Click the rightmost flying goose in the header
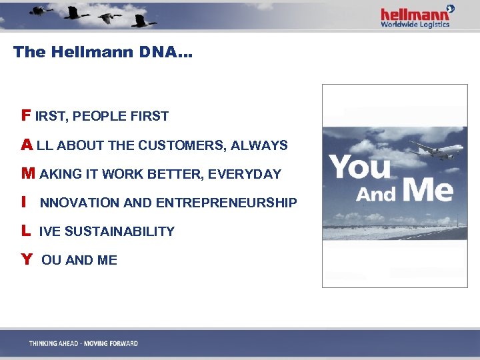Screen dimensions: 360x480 143,20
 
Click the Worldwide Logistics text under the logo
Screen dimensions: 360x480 415,25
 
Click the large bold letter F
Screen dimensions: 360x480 26,115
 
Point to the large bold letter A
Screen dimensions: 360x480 27,145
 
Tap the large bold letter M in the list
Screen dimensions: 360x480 28,174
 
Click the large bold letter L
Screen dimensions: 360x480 25,231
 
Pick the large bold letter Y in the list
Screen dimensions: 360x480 27,260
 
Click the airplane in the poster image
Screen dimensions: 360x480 436,150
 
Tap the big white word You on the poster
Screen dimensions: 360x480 361,167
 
